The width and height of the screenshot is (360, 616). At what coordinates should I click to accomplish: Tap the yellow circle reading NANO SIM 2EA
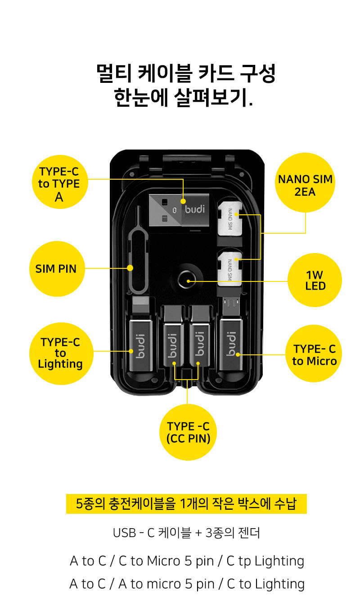pos(305,185)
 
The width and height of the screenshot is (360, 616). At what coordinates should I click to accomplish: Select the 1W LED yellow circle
pos(315,280)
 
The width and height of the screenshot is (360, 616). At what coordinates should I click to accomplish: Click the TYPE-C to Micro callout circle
pos(314,354)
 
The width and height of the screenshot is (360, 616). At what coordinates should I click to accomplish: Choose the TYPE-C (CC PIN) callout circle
pos(188,432)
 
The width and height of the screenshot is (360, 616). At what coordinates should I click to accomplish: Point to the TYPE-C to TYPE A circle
pos(59,183)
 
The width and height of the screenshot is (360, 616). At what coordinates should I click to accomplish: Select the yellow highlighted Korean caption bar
pos(186,504)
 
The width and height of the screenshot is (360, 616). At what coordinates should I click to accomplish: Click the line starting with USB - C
pos(186,533)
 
